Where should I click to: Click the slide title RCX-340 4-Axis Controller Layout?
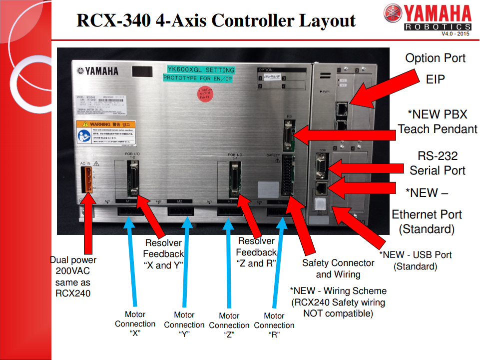pyautogui.click(x=216, y=20)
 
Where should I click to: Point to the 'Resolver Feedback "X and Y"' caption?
pyautogui.click(x=163, y=254)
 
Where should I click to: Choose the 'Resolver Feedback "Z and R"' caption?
pyautogui.click(x=256, y=252)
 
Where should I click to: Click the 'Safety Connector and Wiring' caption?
pyautogui.click(x=338, y=268)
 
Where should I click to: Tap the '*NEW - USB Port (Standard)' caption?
pyautogui.click(x=415, y=260)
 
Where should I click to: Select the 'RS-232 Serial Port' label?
pyautogui.click(x=438, y=163)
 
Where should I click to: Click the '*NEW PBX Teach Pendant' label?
pyautogui.click(x=438, y=121)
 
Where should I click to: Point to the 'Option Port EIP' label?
pyautogui.click(x=435, y=68)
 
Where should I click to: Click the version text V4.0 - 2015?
pyautogui.click(x=456, y=33)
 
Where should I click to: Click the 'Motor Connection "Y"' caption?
pyautogui.click(x=184, y=324)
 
